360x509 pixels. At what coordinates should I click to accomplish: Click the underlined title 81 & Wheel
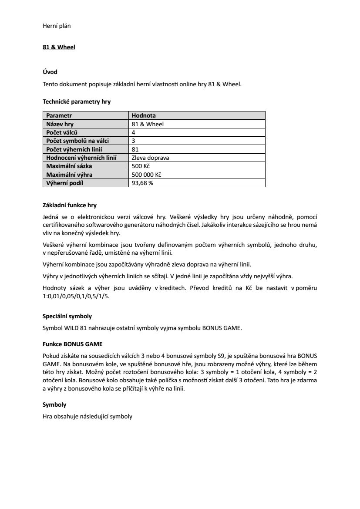(x=59, y=47)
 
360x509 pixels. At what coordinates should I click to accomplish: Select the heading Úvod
(x=50, y=72)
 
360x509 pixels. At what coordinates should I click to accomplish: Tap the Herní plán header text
(x=57, y=26)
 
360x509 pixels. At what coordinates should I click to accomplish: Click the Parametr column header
(x=59, y=116)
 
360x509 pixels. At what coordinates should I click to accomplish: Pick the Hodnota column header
(x=144, y=116)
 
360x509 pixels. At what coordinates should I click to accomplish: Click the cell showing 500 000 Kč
(x=146, y=175)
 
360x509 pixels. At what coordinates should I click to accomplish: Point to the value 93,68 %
(x=142, y=183)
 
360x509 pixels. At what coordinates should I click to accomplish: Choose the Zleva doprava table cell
(x=150, y=158)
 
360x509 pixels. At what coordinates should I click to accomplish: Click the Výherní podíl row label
(x=64, y=183)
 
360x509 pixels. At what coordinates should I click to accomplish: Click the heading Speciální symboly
(x=67, y=316)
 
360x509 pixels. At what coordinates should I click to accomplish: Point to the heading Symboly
(x=54, y=405)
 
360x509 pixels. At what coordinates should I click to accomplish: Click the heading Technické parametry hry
(x=77, y=102)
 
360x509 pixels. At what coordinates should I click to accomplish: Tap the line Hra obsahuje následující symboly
(x=87, y=416)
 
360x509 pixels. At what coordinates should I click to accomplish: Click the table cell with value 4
(x=133, y=132)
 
